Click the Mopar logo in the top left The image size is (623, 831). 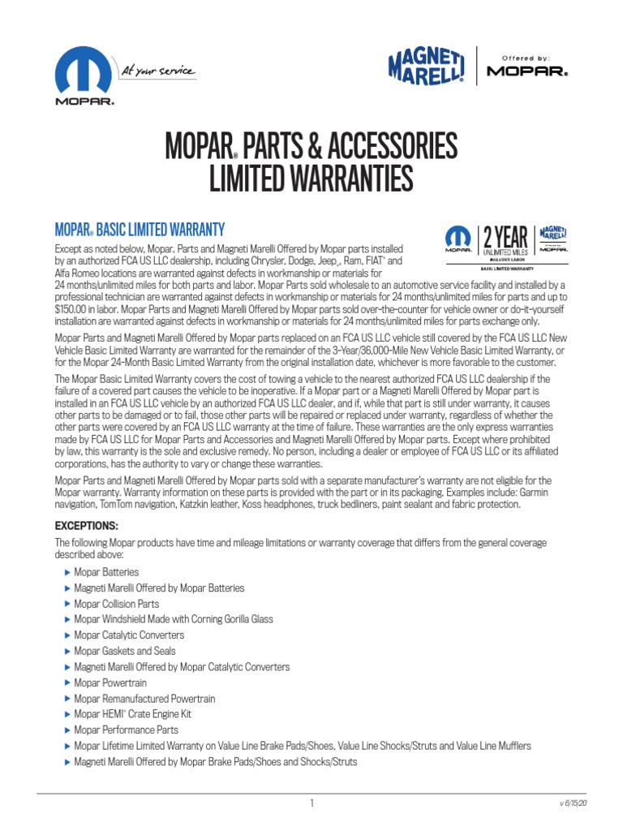84,76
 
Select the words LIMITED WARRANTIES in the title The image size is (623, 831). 311,179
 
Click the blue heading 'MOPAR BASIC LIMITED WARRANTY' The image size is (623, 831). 139,230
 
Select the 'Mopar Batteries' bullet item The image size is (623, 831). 106,572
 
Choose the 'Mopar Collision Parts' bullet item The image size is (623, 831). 116,604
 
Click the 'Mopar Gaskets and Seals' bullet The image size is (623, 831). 124,651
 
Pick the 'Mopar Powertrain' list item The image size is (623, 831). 110,682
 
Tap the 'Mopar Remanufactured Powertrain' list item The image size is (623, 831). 144,699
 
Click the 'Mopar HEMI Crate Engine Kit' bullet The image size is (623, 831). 132,714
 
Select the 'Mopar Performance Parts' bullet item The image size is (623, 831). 126,730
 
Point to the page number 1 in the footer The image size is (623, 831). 311,803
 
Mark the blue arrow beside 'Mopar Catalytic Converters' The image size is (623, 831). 67,635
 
